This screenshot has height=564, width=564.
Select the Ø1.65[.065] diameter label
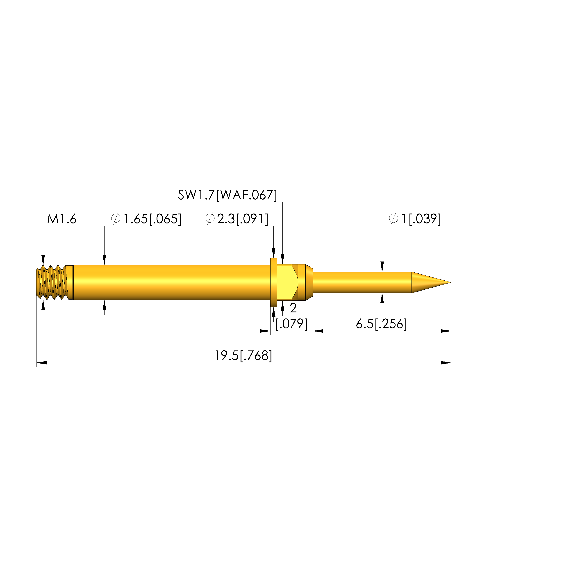point(146,219)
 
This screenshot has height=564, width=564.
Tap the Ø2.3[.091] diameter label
point(237,219)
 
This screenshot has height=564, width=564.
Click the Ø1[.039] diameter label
point(415,219)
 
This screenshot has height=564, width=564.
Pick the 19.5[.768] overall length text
point(243,356)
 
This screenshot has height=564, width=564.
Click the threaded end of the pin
point(54,282)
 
